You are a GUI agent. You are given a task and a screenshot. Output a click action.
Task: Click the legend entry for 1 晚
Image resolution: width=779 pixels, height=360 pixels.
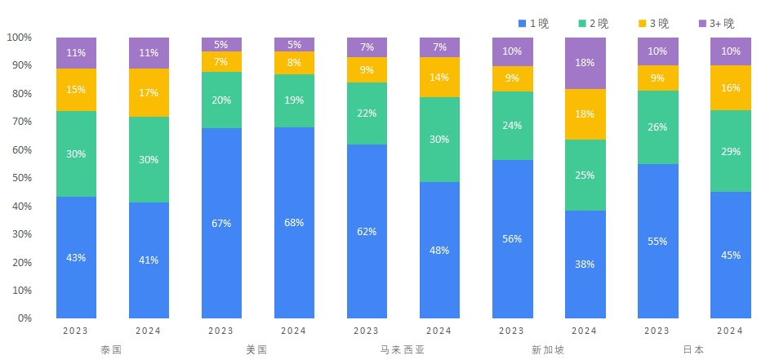(534, 23)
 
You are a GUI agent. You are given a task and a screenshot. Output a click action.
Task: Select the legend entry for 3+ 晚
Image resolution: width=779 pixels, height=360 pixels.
(717, 23)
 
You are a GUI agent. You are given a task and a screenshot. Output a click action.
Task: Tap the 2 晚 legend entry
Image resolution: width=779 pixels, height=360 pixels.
(594, 23)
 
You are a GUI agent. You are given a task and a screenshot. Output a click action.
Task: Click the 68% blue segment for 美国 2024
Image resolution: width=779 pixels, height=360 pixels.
(294, 223)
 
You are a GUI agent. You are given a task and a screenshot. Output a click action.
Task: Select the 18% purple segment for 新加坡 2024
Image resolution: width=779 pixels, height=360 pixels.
(585, 63)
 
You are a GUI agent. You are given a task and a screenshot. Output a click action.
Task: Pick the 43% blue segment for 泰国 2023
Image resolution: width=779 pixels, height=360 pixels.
(76, 257)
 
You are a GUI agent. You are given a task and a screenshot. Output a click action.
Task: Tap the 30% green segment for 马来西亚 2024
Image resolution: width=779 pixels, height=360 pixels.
(439, 140)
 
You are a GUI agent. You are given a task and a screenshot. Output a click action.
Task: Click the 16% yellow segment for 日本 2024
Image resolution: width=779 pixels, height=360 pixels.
(731, 87)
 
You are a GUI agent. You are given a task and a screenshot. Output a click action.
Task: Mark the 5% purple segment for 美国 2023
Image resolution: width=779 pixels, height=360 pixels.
(221, 44)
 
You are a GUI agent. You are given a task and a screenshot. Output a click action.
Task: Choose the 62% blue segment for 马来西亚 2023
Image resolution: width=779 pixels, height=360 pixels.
(367, 231)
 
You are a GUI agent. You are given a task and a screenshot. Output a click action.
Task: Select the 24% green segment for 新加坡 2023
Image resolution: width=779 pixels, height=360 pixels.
(512, 126)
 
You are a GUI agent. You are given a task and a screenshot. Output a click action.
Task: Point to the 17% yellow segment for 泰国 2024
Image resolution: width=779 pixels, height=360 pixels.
(149, 93)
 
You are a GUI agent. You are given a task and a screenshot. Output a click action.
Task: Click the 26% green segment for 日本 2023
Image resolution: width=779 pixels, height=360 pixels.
(657, 127)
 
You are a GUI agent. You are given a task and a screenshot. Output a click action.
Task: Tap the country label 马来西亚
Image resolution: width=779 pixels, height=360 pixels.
(403, 349)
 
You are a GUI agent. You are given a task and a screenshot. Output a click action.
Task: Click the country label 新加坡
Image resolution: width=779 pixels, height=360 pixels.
(548, 349)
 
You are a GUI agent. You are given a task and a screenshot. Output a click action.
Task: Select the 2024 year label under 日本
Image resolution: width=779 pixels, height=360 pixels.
(730, 331)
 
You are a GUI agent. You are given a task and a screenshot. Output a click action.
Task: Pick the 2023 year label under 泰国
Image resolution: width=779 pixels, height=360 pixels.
(76, 331)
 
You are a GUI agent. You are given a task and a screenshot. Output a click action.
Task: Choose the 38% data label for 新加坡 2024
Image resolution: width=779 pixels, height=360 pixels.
(585, 264)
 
